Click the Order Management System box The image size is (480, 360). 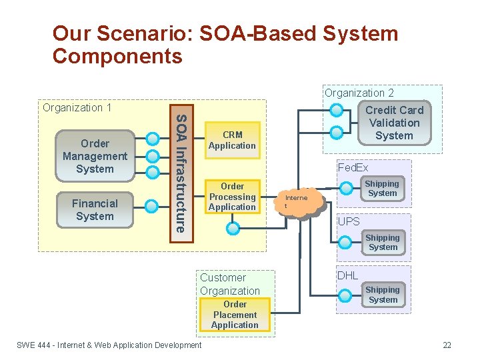(95, 156)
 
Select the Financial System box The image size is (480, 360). (95, 210)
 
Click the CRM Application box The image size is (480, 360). (232, 141)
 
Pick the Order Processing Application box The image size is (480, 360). (232, 197)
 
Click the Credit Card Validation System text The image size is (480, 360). (394, 123)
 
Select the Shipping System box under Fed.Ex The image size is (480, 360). (382, 189)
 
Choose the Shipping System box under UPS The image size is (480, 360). (383, 243)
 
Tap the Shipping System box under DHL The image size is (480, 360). (383, 295)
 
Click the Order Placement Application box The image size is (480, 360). (235, 315)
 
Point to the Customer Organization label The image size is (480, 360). (229, 284)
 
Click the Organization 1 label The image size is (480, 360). (77, 107)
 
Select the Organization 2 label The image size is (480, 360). (359, 93)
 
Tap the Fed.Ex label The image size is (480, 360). (353, 168)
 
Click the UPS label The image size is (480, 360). (349, 221)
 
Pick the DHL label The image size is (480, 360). (347, 275)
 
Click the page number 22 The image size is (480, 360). (447, 345)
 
